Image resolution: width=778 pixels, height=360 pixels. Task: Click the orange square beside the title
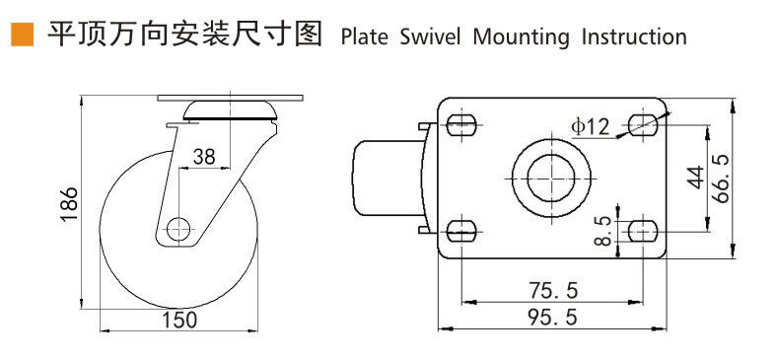tap(22, 35)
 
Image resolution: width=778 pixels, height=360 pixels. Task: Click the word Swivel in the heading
tap(430, 37)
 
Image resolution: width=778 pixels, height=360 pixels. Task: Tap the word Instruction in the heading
tap(634, 37)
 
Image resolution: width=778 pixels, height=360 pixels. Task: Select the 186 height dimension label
tap(70, 204)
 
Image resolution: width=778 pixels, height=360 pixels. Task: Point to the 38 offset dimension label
tap(204, 157)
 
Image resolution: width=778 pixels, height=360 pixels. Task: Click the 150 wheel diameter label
tap(180, 320)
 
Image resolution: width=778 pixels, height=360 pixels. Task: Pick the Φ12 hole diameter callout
tap(589, 127)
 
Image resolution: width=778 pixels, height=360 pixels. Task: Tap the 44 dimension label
tap(696, 177)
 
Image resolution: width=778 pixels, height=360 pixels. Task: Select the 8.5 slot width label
tap(602, 230)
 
